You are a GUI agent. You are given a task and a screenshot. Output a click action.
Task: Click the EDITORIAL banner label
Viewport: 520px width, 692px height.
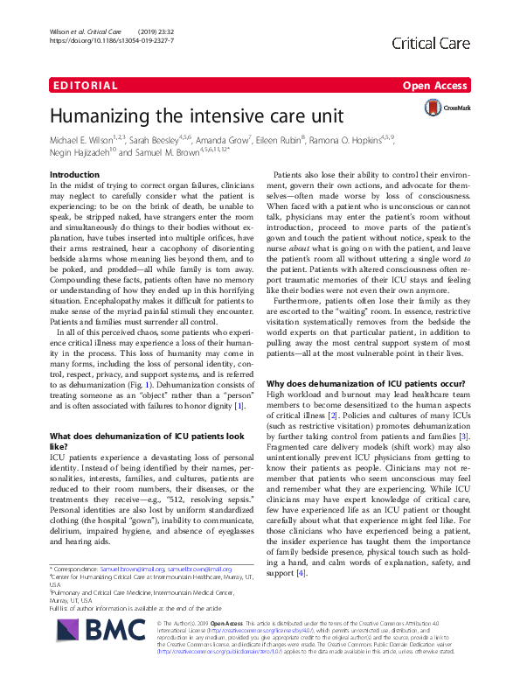pyautogui.click(x=84, y=86)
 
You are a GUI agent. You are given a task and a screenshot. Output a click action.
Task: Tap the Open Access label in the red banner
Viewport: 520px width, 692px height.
pyautogui.click(x=434, y=86)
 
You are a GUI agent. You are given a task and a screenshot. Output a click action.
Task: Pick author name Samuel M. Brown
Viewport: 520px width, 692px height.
pyautogui.click(x=171, y=153)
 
